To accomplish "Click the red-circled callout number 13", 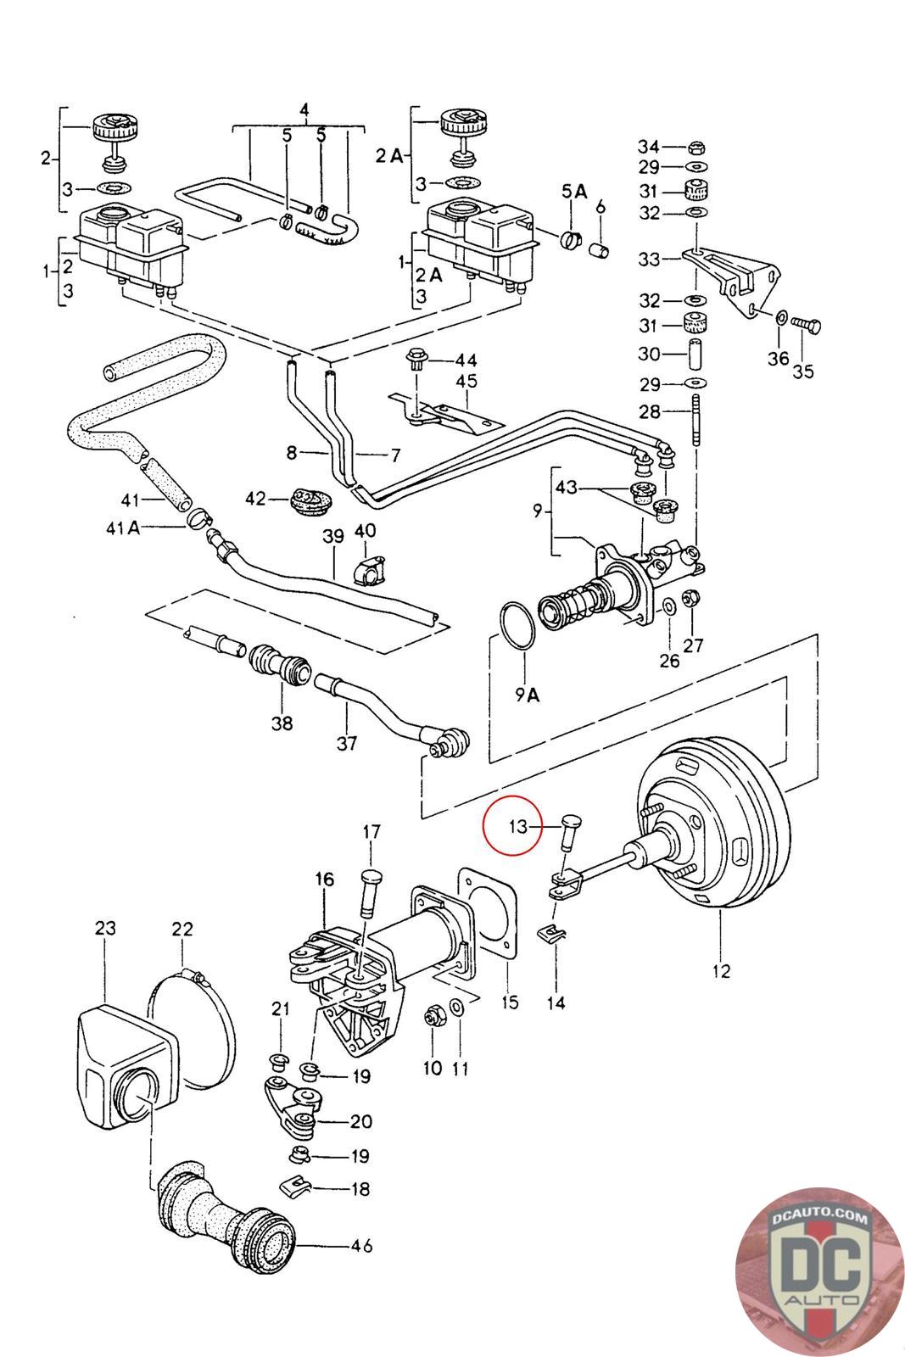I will click(x=517, y=826).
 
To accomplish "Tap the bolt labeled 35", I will click(x=806, y=323).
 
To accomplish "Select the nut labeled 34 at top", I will click(x=695, y=146).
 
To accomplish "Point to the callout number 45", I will click(x=466, y=381).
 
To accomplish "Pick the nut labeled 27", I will click(x=691, y=598).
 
